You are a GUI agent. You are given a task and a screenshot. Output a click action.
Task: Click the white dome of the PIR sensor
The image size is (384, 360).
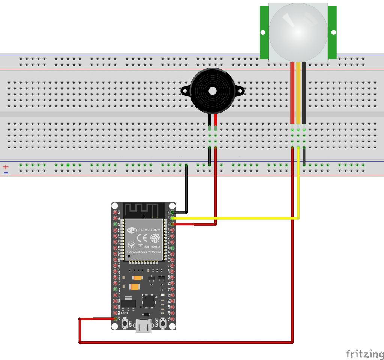[298, 32]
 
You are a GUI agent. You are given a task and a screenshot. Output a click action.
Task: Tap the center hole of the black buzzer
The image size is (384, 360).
[213, 91]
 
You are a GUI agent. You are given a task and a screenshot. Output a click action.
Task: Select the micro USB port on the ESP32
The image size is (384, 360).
[144, 325]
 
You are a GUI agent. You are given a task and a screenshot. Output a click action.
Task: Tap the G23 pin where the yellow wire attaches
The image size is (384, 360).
[172, 218]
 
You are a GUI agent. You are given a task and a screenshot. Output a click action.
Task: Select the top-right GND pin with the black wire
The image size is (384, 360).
[172, 212]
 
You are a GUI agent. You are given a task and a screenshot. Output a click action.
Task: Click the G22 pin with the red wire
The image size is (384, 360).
[172, 224]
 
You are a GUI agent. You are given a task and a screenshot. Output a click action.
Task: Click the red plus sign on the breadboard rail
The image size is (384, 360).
[6, 166]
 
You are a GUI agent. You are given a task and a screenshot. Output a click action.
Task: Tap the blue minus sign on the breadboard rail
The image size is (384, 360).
[6, 172]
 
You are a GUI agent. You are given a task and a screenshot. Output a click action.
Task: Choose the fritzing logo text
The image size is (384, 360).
[362, 354]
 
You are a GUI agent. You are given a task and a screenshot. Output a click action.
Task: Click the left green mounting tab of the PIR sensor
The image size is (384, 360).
[264, 32]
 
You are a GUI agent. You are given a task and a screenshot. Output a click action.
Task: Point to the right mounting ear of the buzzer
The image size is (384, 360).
[239, 90]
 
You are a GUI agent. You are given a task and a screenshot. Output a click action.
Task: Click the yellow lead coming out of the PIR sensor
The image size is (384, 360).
[298, 94]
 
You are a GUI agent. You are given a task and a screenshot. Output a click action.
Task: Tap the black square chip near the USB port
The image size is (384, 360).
[149, 301]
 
